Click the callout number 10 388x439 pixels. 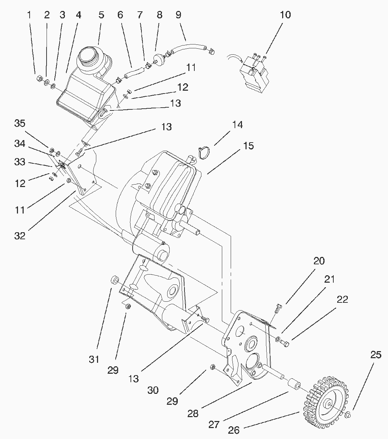click(285, 15)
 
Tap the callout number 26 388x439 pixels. click(234, 430)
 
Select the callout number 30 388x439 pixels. click(153, 390)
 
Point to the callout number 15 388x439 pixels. click(248, 146)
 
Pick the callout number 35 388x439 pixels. click(20, 124)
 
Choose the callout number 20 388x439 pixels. click(319, 261)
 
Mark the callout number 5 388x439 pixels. click(101, 15)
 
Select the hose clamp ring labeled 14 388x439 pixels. click(204, 152)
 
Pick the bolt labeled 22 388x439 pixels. click(286, 342)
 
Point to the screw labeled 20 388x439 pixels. click(276, 308)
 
